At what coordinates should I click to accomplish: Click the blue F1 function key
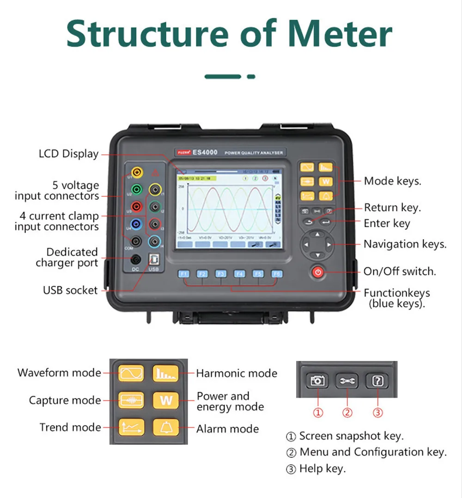[x=184, y=273]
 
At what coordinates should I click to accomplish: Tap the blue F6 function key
[x=276, y=273]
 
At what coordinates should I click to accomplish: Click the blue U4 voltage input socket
[x=136, y=224]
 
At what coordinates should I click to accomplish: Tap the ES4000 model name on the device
[x=205, y=152]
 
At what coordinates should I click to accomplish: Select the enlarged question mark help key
[x=377, y=381]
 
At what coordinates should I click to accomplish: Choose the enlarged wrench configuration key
[x=347, y=381]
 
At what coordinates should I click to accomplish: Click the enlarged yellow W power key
[x=166, y=400]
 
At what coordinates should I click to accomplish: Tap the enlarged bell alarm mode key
[x=166, y=426]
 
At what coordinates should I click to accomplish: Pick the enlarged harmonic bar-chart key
[x=166, y=373]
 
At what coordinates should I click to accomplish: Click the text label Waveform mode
[x=59, y=373]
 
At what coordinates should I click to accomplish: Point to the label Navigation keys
[x=405, y=244]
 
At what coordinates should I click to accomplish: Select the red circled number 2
[x=347, y=413]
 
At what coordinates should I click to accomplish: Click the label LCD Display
[x=68, y=154]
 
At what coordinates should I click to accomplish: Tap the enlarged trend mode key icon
[x=131, y=426]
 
